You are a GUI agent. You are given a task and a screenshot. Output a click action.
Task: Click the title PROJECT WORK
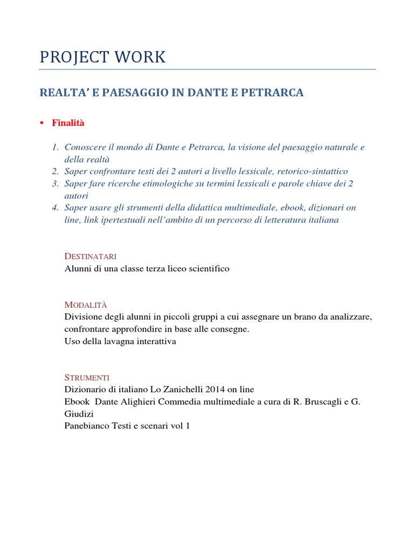pos(102,58)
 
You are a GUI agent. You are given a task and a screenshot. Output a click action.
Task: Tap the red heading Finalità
pos(68,123)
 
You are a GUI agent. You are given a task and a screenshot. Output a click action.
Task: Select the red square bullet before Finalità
pos(42,123)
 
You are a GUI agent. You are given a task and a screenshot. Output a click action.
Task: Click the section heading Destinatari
pos(91,256)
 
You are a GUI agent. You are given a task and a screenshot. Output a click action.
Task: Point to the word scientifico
pos(209,269)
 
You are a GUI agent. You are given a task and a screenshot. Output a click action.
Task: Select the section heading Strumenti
pos(87,377)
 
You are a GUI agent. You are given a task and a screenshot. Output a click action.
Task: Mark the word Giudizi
pos(78,414)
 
